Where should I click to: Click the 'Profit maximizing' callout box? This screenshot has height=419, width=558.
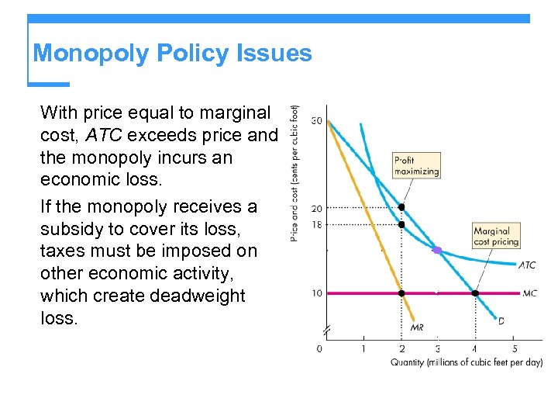(416, 166)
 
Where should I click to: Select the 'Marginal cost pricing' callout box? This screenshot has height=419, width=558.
(496, 236)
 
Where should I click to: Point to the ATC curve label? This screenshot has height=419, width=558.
(526, 265)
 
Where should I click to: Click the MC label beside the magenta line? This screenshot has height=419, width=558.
(530, 293)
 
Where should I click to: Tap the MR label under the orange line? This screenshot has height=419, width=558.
(416, 327)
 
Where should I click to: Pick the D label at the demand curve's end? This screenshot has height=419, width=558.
(501, 320)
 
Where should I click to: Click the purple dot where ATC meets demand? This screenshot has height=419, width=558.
(438, 251)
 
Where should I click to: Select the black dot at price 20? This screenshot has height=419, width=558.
(401, 207)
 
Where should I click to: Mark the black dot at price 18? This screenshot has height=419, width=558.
(401, 224)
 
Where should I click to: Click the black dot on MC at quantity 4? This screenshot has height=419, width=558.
(475, 293)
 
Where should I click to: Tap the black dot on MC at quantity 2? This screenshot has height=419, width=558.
(401, 293)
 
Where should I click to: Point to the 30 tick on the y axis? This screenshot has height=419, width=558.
(317, 121)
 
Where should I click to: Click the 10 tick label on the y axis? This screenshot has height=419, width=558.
(317, 293)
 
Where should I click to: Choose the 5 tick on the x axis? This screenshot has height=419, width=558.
(514, 348)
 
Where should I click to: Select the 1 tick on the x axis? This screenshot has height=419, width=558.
(364, 348)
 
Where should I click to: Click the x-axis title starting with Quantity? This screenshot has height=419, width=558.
(466, 362)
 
